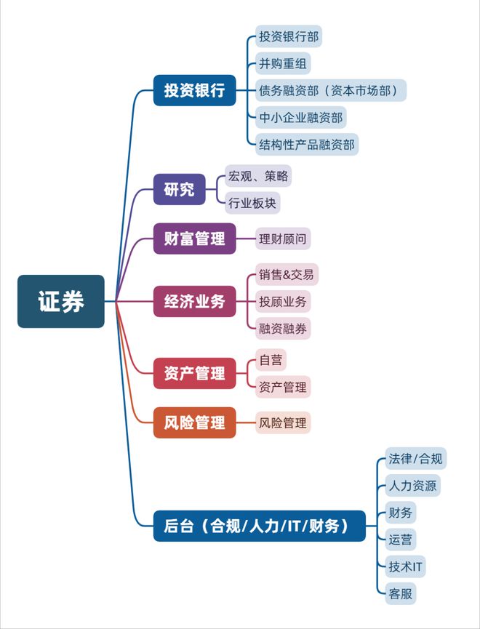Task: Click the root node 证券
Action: click(61, 301)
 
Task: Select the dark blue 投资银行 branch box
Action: click(195, 90)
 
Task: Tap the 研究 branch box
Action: click(180, 189)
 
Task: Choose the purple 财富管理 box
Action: click(195, 239)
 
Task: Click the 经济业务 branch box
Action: click(195, 301)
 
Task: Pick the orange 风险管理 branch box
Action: click(195, 422)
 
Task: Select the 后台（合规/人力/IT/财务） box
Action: click(260, 526)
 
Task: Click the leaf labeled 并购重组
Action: click(283, 63)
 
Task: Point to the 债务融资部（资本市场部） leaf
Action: click(331, 90)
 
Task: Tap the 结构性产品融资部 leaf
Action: click(307, 145)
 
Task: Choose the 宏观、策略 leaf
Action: click(258, 176)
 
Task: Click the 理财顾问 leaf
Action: click(283, 239)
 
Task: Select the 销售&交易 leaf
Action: click(287, 274)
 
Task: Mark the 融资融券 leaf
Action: click(283, 329)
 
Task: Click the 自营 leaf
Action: click(271, 360)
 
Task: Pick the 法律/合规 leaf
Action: click(416, 459)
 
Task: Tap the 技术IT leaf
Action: click(405, 566)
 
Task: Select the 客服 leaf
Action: click(401, 593)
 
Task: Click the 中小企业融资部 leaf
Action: click(301, 118)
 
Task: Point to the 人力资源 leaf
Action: click(412, 486)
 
